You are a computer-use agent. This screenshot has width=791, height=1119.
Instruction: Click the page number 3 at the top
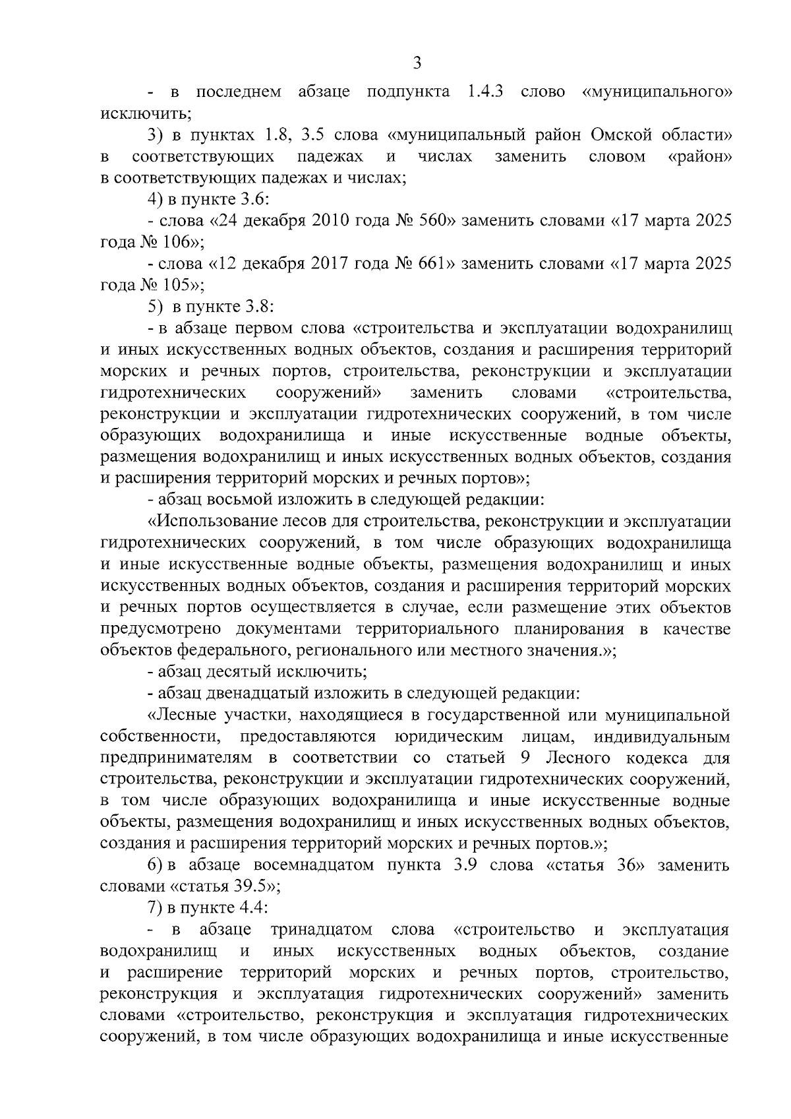point(416,63)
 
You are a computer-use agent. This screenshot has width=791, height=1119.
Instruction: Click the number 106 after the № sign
point(177,242)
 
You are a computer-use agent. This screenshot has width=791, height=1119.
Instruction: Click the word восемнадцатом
point(306,865)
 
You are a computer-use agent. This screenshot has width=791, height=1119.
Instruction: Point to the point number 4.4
point(252,908)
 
